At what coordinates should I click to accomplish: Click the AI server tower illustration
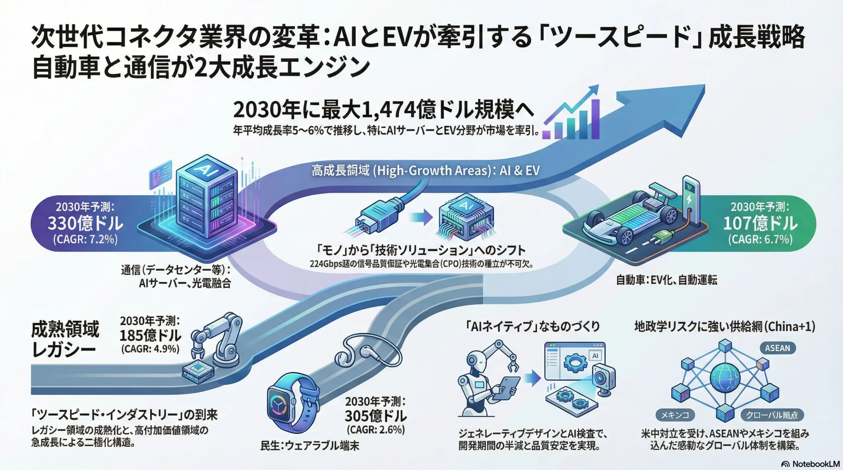[x=207, y=197]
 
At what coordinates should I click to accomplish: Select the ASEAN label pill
[x=777, y=348]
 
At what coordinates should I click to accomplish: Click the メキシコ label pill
[x=675, y=415]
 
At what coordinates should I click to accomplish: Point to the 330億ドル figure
[x=85, y=224]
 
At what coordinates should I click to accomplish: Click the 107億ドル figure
[x=760, y=224]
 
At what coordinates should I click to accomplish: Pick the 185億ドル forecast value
[x=150, y=336]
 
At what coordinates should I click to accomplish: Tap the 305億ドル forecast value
[x=376, y=416]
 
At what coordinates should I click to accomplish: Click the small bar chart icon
[x=571, y=118]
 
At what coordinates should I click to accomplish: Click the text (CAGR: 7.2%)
[x=85, y=239]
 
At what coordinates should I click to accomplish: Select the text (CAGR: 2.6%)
[x=376, y=430]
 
